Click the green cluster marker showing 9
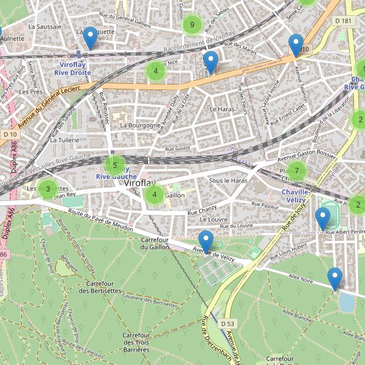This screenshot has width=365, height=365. click(x=192, y=25)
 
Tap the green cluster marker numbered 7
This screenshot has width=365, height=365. click(x=296, y=171)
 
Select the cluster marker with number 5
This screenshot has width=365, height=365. click(x=115, y=165)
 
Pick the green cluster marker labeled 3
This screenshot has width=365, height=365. click(x=48, y=189)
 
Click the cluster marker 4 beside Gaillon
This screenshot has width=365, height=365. click(x=155, y=195)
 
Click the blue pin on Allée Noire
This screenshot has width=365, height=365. click(x=335, y=279)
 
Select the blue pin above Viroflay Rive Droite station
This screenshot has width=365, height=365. click(x=90, y=38)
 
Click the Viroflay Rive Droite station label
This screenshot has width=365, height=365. click(x=72, y=68)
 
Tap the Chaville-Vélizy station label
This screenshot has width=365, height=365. click(x=297, y=196)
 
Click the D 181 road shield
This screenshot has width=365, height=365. click(x=343, y=21)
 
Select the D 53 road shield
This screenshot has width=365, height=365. click(x=227, y=323)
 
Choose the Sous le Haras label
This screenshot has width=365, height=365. click(x=228, y=181)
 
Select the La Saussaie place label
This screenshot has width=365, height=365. click(x=45, y=27)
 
